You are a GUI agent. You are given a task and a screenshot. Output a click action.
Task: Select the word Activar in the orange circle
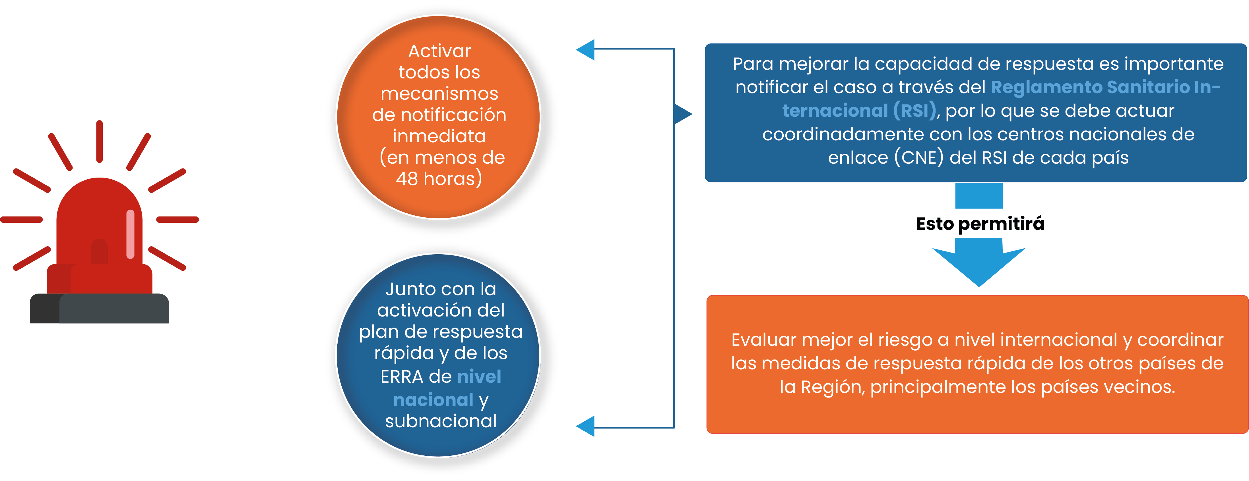click(439, 51)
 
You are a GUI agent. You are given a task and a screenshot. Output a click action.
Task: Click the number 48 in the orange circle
click(406, 179)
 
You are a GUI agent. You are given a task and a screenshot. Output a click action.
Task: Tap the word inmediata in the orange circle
click(439, 136)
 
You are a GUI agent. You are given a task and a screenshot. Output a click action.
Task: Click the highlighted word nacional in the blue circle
click(433, 400)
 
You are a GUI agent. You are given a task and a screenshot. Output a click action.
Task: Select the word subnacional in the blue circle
click(441, 421)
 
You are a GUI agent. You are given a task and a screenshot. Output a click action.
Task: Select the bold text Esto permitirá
click(980, 224)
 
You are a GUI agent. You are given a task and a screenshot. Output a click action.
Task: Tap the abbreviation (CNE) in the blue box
click(919, 157)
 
